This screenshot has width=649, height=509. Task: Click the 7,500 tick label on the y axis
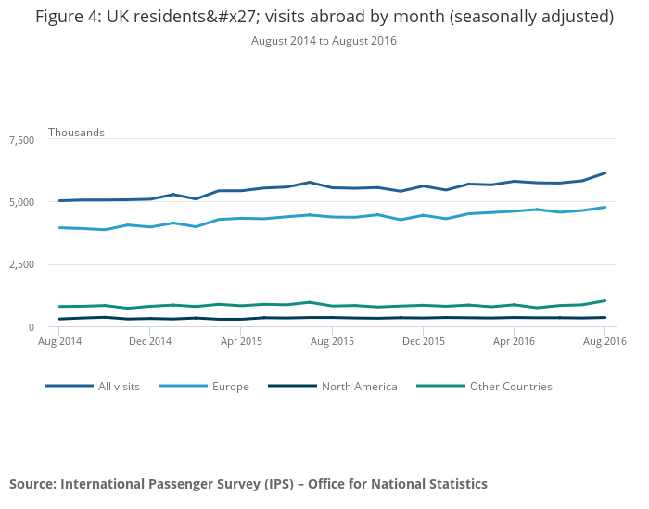tap(20, 139)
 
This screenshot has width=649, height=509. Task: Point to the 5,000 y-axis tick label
tap(20, 202)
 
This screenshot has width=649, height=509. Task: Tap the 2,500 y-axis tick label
tap(20, 264)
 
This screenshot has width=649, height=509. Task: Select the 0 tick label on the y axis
tap(32, 327)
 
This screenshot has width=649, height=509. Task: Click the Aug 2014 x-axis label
tap(60, 341)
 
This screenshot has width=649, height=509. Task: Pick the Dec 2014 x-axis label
tap(151, 341)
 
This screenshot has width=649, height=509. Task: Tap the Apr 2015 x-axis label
tap(242, 341)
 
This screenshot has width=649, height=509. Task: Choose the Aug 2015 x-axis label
tap(332, 341)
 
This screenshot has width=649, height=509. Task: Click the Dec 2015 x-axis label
tap(423, 341)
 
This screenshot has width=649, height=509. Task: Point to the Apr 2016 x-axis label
tap(514, 341)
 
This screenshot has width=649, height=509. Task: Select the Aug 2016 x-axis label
tap(604, 341)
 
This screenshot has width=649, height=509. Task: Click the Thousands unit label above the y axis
tap(76, 133)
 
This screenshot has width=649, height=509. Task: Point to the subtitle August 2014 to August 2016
tap(324, 41)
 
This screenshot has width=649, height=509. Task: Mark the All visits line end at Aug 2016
tap(605, 172)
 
